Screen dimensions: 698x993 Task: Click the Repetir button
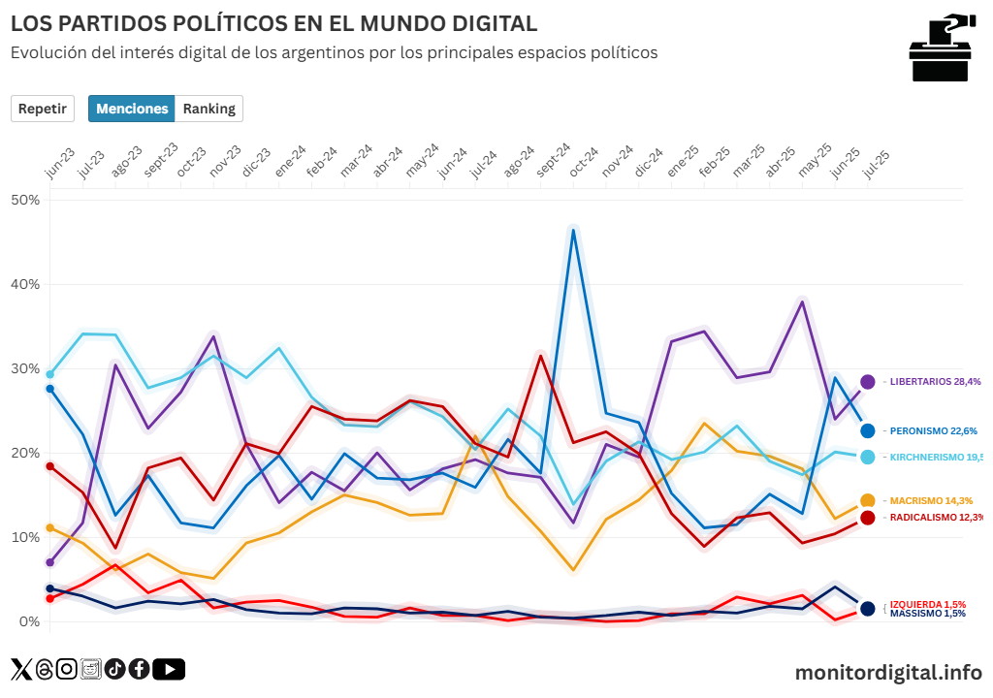(43, 109)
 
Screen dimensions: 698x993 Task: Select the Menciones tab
(132, 109)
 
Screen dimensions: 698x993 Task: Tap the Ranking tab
(209, 109)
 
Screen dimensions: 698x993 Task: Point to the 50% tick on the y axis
(25, 200)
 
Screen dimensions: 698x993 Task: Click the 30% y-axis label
(25, 368)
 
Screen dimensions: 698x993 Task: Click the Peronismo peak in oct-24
(573, 230)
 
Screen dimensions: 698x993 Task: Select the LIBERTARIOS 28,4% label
(935, 382)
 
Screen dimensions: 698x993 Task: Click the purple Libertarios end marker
(868, 382)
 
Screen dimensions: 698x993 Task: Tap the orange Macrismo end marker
(868, 500)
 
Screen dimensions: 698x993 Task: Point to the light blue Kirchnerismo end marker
(868, 457)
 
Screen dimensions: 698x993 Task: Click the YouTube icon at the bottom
(169, 669)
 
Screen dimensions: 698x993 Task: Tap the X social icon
(20, 669)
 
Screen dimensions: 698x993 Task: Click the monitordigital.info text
(888, 672)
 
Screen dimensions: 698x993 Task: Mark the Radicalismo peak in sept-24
(541, 356)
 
